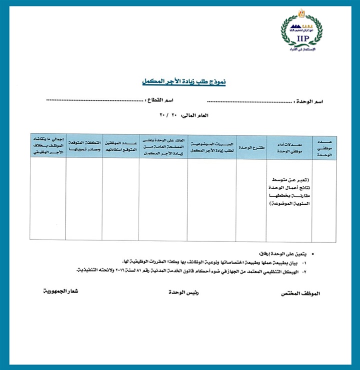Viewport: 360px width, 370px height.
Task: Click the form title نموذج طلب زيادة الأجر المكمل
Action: [x=183, y=82]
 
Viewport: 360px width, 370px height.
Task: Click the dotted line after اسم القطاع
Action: [x=95, y=101]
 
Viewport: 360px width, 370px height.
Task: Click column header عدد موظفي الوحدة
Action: [x=324, y=148]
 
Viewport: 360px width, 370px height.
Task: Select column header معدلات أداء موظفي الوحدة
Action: [x=289, y=148]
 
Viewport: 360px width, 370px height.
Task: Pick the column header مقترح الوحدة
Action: [x=251, y=148]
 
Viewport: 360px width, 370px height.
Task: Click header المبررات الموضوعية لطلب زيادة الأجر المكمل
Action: [x=212, y=148]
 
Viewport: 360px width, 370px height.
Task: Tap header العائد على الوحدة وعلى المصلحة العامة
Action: [x=163, y=147]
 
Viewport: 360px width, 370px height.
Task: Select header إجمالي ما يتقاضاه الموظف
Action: [x=48, y=147]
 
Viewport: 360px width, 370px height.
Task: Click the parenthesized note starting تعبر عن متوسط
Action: [x=289, y=192]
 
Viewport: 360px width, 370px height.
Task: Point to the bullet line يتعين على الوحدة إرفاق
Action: [x=282, y=254]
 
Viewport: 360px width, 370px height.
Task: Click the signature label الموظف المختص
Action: [x=301, y=294]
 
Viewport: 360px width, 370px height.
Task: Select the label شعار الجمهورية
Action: [x=61, y=290]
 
